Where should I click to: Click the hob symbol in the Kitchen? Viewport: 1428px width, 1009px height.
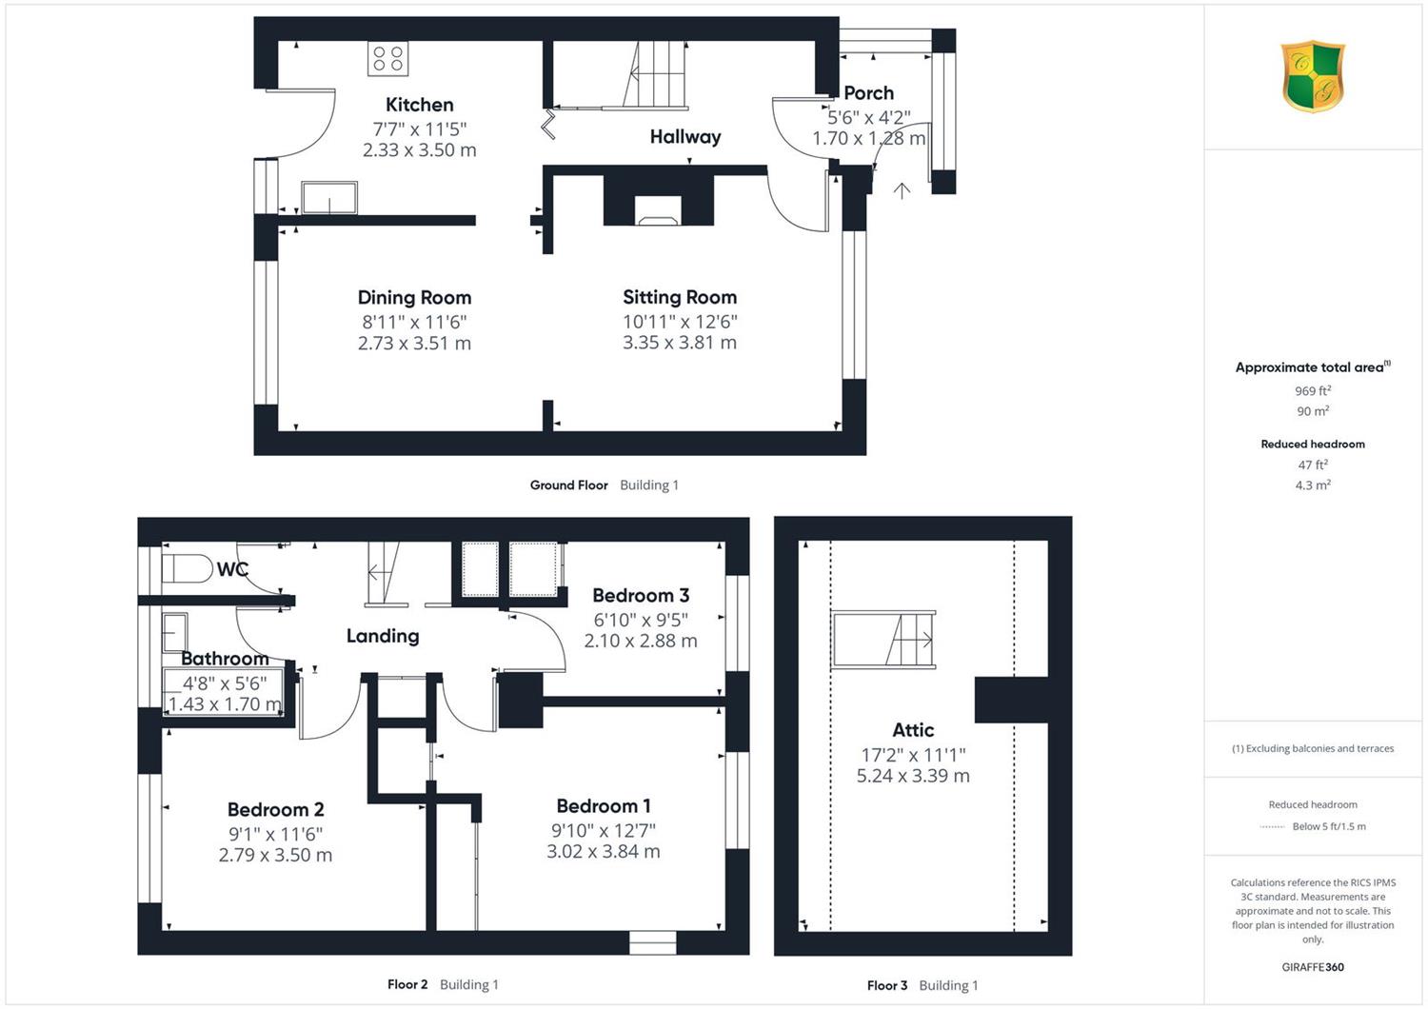click(387, 59)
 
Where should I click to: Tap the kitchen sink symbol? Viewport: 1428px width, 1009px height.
click(329, 198)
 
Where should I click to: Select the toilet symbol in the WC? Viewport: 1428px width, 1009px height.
click(187, 568)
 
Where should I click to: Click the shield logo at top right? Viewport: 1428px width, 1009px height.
click(1313, 76)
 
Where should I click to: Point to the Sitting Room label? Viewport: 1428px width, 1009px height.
click(680, 297)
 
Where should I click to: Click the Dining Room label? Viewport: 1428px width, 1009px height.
click(414, 298)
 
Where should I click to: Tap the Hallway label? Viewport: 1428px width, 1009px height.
click(685, 136)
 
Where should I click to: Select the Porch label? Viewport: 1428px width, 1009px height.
click(868, 93)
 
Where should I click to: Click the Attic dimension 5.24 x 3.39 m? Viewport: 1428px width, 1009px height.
click(913, 776)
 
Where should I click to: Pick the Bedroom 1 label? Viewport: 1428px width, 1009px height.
click(603, 805)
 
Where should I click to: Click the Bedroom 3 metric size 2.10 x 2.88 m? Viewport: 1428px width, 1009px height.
click(641, 641)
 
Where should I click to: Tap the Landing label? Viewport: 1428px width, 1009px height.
click(383, 636)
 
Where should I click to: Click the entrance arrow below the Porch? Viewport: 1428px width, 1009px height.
click(902, 190)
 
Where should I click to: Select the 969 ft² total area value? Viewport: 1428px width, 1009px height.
click(1313, 390)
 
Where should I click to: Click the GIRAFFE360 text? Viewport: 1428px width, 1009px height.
click(1313, 967)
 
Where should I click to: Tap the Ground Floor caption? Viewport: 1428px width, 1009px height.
click(568, 485)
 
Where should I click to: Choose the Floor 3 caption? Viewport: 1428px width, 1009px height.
click(886, 985)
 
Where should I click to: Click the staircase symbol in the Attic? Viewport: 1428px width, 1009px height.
click(883, 640)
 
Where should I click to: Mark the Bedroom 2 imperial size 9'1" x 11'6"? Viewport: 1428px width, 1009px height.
click(275, 834)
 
